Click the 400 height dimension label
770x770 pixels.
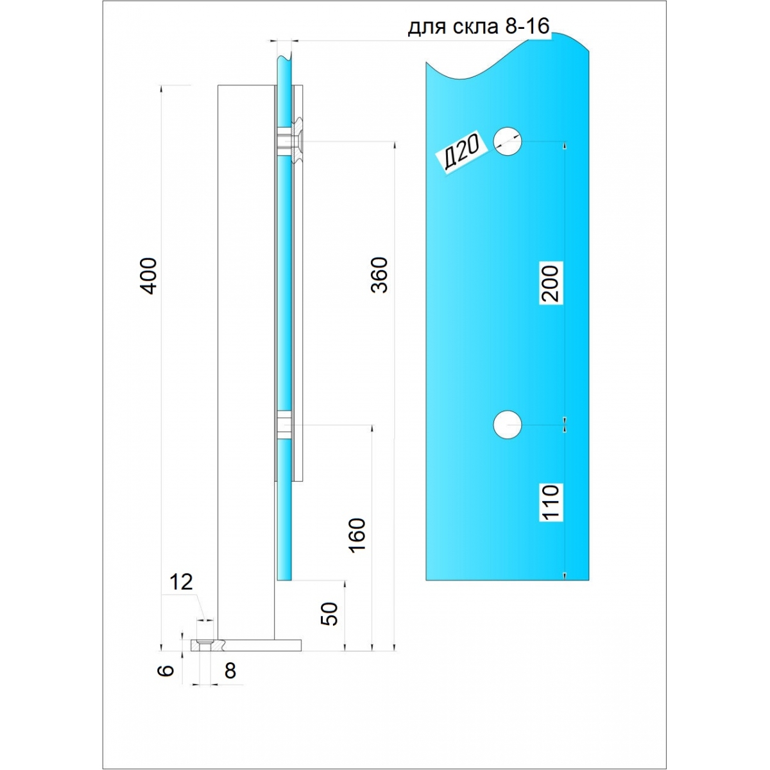pyautogui.click(x=150, y=276)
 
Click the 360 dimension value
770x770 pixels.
pyautogui.click(x=380, y=275)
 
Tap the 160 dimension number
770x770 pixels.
pyautogui.click(x=357, y=535)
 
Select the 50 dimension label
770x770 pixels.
pyautogui.click(x=330, y=613)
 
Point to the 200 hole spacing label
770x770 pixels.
pyautogui.click(x=551, y=283)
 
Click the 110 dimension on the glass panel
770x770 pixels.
pyautogui.click(x=551, y=503)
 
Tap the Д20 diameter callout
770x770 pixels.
pyautogui.click(x=462, y=152)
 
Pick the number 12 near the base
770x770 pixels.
pyautogui.click(x=181, y=582)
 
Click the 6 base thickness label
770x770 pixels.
pyautogui.click(x=166, y=670)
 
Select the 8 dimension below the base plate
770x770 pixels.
pyautogui.click(x=230, y=671)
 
